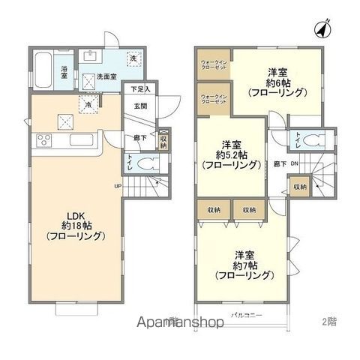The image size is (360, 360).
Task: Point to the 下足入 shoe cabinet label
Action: pos(140,89)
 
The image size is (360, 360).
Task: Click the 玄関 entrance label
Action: pos(141,106)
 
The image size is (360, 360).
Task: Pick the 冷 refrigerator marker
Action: pos(89,104)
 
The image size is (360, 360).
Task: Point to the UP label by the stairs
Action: pos(118,187)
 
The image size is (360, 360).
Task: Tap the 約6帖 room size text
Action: pos(272,84)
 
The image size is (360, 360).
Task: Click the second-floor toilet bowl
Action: pos(317,138)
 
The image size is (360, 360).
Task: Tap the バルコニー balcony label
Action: pos(246,316)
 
